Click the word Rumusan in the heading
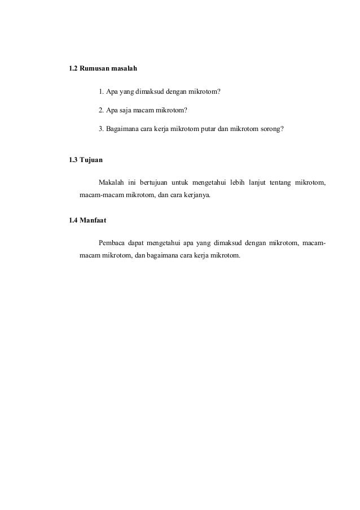click(95, 69)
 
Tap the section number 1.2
click(72, 69)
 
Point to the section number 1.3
click(72, 160)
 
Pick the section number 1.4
click(72, 220)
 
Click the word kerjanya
click(195, 195)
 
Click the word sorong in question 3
click(268, 129)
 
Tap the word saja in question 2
click(123, 110)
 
